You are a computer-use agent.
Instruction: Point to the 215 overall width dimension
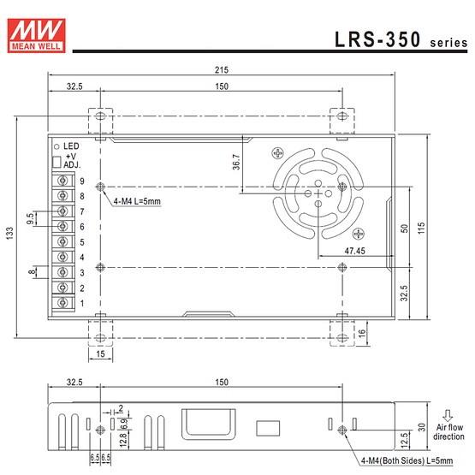click(221, 71)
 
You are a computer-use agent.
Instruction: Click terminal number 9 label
click(82, 181)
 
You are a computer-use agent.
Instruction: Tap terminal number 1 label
click(82, 303)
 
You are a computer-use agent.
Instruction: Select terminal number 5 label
click(82, 242)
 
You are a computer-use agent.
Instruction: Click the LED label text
click(71, 145)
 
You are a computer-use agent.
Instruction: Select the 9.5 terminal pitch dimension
click(32, 219)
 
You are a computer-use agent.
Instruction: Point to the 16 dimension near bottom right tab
click(363, 333)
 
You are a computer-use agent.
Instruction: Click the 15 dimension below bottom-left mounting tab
click(100, 353)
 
